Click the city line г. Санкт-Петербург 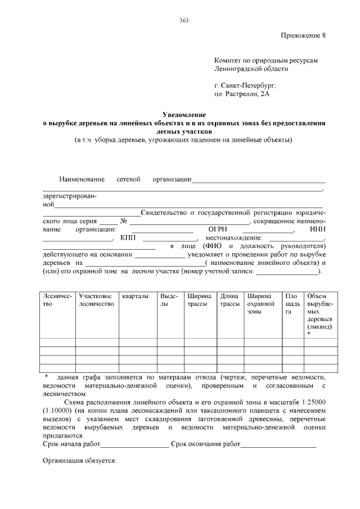[245, 86]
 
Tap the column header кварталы [136, 296]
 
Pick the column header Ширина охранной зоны [259, 304]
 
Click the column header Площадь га [291, 304]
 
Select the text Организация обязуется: [79, 461]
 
